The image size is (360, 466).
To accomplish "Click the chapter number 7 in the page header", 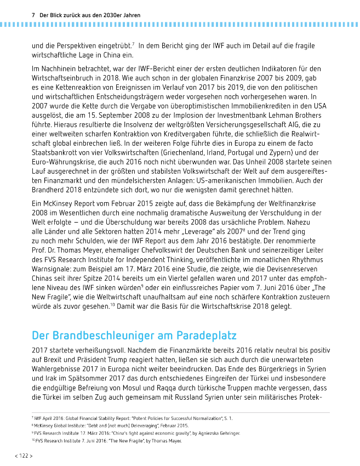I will coord(34,15).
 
